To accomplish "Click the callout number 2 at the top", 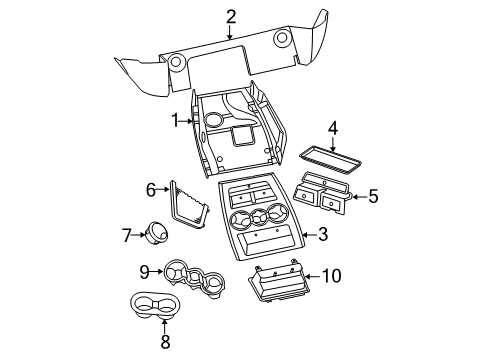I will (x=231, y=15).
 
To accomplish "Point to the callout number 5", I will (x=373, y=197).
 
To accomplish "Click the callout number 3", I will (x=322, y=235).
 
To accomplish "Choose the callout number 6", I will (x=151, y=188).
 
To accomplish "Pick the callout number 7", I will (x=127, y=236).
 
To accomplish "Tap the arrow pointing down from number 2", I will (x=231, y=32).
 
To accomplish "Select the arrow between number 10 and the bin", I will (x=311, y=276).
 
